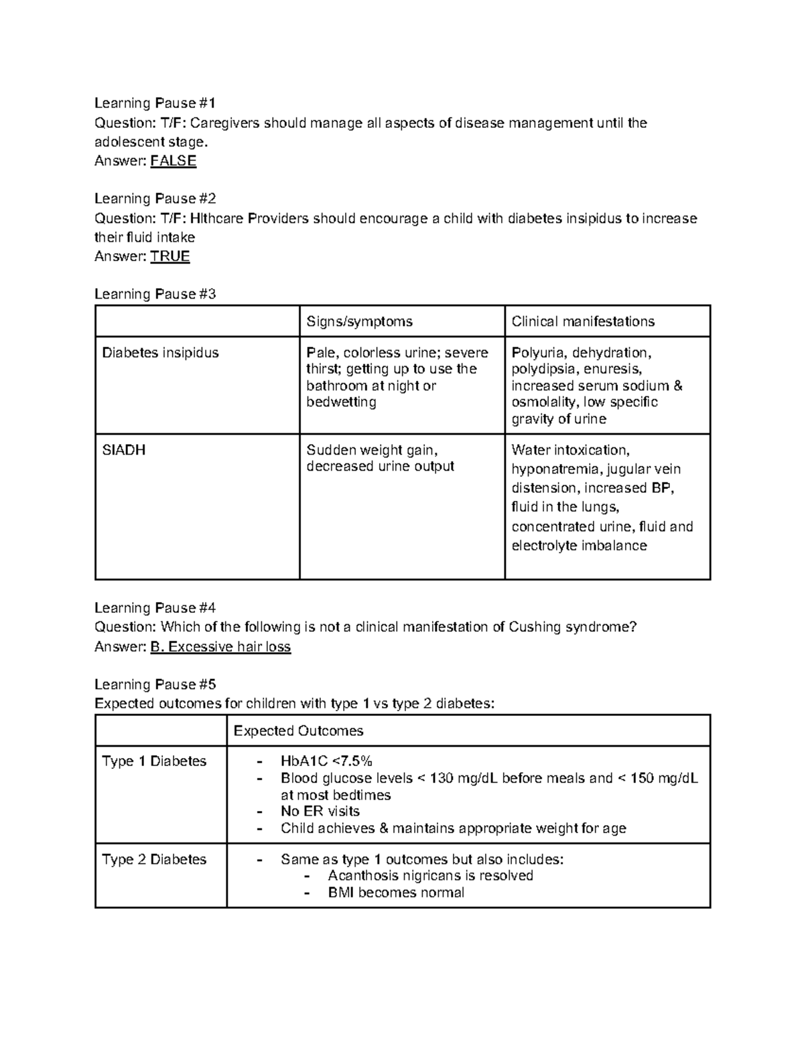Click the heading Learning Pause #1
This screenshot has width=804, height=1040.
(x=155, y=103)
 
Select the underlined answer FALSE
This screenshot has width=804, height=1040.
(x=173, y=161)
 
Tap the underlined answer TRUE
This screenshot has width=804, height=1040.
(x=170, y=256)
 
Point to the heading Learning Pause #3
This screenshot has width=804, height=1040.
(x=155, y=294)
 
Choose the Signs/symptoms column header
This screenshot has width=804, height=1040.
(x=359, y=321)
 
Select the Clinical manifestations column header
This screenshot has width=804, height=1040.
(x=583, y=321)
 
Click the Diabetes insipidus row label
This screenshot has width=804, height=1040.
(x=160, y=353)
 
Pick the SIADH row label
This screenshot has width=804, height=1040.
(x=123, y=450)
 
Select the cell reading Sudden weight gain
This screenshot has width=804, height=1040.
(x=372, y=450)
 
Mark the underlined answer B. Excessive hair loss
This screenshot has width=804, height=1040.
(x=220, y=647)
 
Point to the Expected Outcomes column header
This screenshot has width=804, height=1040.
(x=298, y=731)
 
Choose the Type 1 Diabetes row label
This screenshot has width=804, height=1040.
(x=154, y=761)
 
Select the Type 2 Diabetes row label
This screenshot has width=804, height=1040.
(x=154, y=859)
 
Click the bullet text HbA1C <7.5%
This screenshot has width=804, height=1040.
(x=326, y=761)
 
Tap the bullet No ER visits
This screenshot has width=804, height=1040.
(x=320, y=812)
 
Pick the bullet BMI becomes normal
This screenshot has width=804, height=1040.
(x=395, y=893)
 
